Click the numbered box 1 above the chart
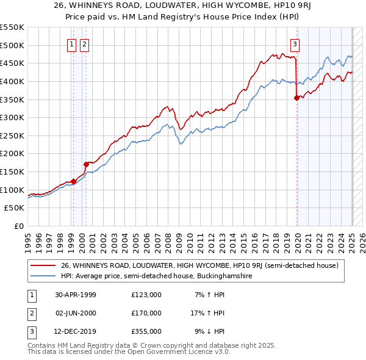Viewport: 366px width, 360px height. [72, 44]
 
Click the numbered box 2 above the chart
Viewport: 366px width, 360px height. [84, 44]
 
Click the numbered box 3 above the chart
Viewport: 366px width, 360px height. [295, 44]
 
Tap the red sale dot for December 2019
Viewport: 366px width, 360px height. [297, 98]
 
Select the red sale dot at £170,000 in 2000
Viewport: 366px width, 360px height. [86, 164]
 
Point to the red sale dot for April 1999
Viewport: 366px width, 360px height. [74, 181]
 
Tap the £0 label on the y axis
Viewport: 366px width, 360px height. [19, 226]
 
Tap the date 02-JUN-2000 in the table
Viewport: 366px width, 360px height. [76, 313]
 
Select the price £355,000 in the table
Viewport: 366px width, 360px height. [146, 332]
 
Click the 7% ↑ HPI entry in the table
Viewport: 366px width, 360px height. [208, 295]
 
